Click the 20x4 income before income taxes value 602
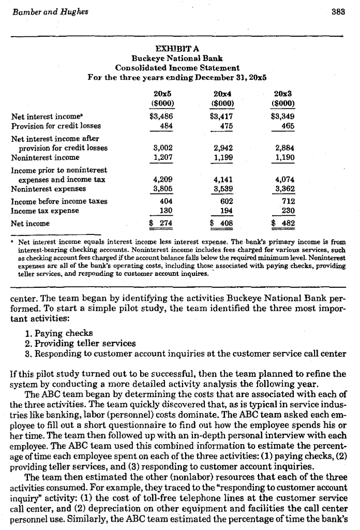pyautogui.click(x=226, y=202)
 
